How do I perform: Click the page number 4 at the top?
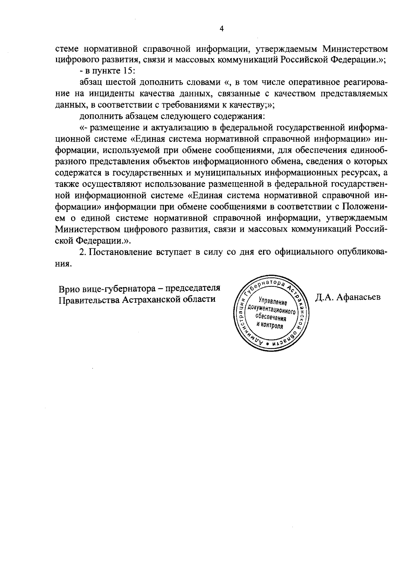click(221, 29)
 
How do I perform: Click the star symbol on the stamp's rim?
click(268, 343)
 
